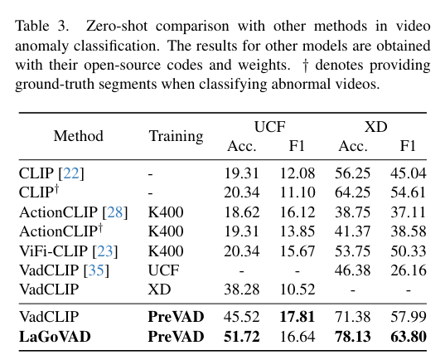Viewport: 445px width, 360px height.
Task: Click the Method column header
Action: pyautogui.click(x=79, y=136)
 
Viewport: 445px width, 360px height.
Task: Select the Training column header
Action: pyautogui.click(x=176, y=136)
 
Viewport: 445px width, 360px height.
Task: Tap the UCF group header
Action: pyautogui.click(x=269, y=127)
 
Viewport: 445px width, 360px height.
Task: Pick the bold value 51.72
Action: pyautogui.click(x=242, y=336)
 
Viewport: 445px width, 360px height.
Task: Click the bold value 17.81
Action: pyautogui.click(x=297, y=317)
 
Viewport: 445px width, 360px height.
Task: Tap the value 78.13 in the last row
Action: pyautogui.click(x=353, y=336)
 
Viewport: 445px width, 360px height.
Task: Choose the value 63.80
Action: pyautogui.click(x=408, y=336)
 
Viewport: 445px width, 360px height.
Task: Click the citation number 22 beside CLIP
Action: pyautogui.click(x=70, y=173)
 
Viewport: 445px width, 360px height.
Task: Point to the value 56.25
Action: pyautogui.click(x=353, y=173)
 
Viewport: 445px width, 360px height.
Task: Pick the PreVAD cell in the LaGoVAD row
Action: pyautogui.click(x=176, y=336)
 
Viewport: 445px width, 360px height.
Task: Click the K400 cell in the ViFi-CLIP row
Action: pyautogui.click(x=166, y=250)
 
